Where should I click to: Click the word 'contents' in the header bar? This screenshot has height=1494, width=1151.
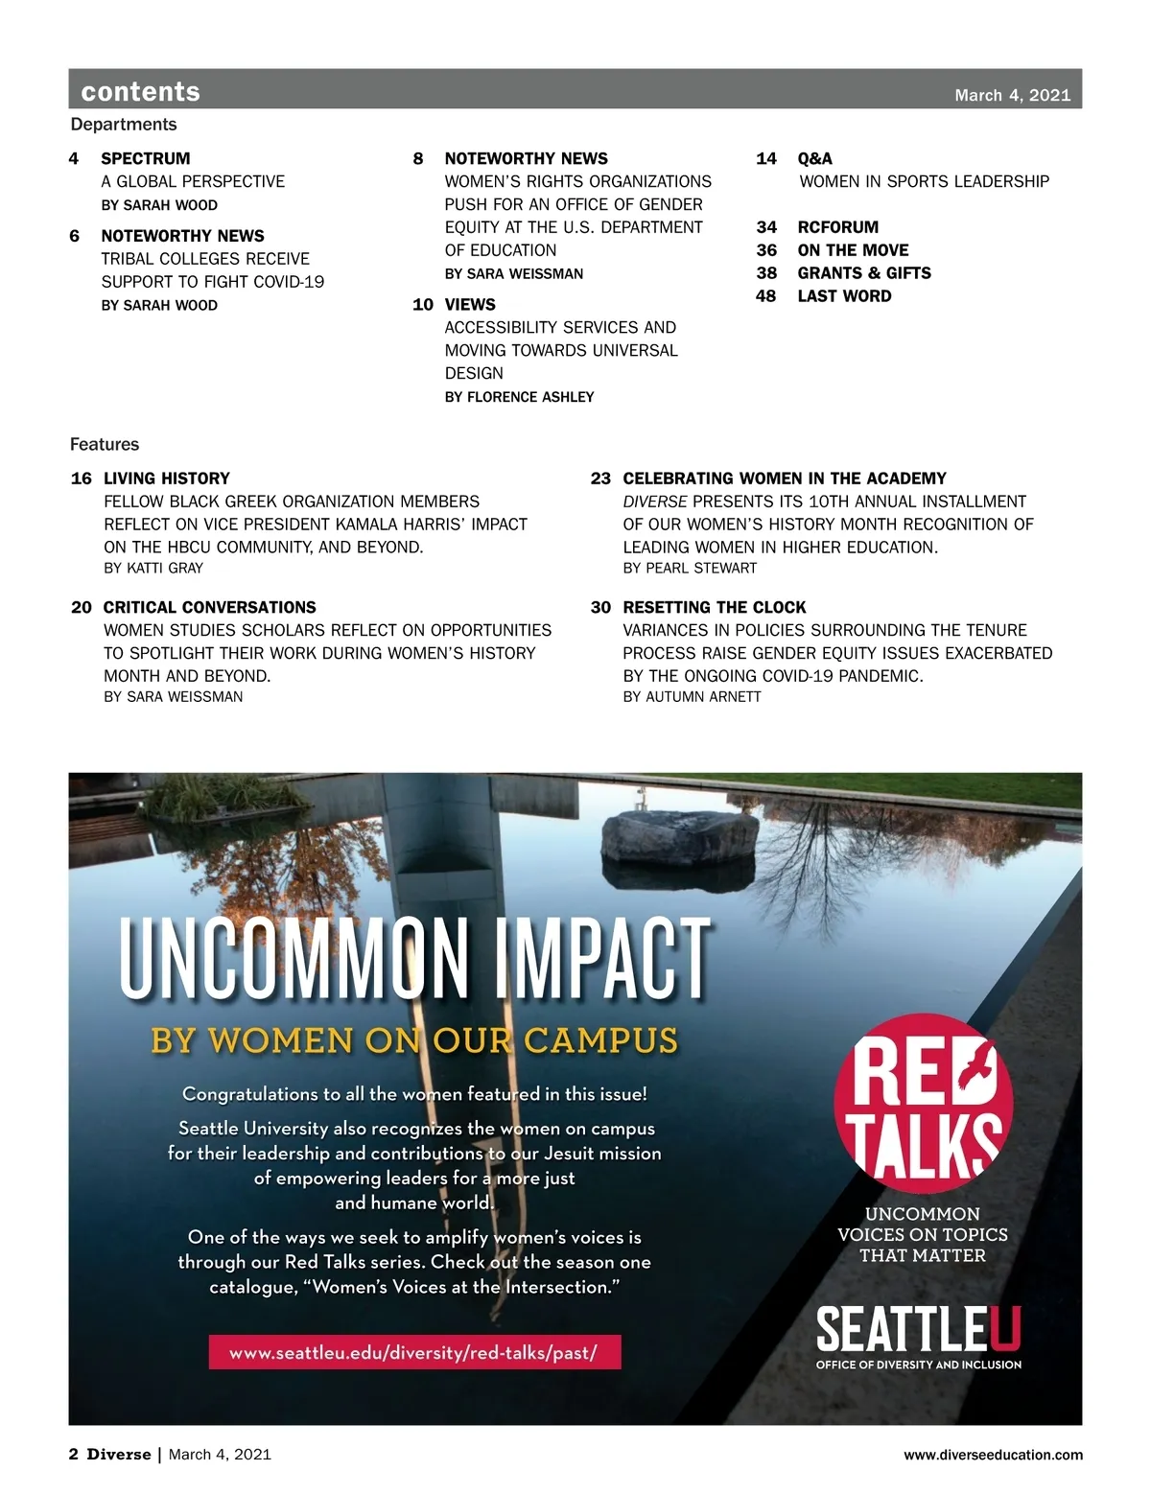point(140,91)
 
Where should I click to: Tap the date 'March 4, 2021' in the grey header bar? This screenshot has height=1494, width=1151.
point(1012,95)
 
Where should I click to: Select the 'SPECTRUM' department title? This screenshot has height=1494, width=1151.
point(146,158)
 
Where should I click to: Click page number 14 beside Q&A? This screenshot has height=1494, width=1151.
point(765,158)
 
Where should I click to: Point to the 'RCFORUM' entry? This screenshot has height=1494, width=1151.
point(837,227)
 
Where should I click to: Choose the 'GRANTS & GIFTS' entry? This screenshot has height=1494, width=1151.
point(863,273)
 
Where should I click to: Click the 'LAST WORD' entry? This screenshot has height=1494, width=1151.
point(844,296)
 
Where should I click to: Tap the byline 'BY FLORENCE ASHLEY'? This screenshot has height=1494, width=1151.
point(519,397)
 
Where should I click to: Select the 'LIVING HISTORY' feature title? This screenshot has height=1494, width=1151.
point(167,479)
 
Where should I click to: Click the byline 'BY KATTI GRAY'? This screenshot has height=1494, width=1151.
point(153,568)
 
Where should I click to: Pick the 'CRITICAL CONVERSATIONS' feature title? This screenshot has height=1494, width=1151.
point(209,607)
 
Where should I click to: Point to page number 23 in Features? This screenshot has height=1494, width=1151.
point(600,479)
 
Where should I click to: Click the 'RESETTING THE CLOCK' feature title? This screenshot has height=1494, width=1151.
point(715,607)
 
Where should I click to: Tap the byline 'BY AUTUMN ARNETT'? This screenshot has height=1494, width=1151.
point(692,697)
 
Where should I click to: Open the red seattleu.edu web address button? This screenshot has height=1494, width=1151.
point(414,1352)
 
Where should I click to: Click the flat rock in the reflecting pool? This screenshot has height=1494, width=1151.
point(680,835)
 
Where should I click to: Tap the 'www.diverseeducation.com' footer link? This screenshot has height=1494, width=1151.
point(993,1455)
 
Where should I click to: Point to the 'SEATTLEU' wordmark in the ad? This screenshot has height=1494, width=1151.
point(918,1330)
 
